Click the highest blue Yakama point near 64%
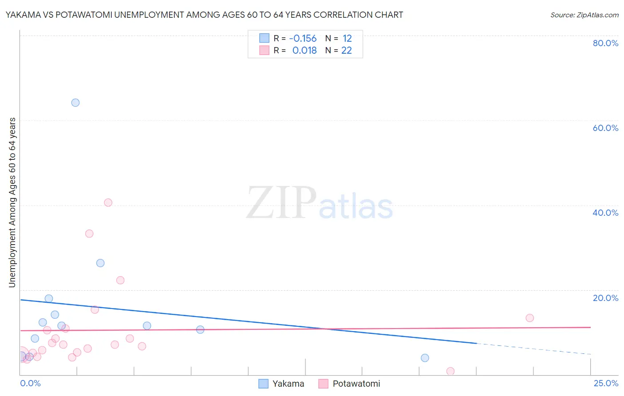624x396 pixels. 75,103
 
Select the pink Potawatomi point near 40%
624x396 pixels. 108,202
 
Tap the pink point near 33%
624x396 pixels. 89,234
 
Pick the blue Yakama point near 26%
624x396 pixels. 100,263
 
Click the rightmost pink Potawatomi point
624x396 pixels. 529,318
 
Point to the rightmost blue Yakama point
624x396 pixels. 425,358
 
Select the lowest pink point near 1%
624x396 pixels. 450,371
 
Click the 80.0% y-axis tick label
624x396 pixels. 605,43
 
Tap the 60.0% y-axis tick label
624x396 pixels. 605,128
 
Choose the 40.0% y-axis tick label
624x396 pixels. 605,213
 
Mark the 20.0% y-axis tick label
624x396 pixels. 605,298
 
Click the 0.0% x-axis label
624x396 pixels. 30,383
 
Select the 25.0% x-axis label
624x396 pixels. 606,383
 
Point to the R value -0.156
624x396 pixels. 303,38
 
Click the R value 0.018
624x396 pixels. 304,50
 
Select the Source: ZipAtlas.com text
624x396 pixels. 584,15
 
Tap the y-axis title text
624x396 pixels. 12,202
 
